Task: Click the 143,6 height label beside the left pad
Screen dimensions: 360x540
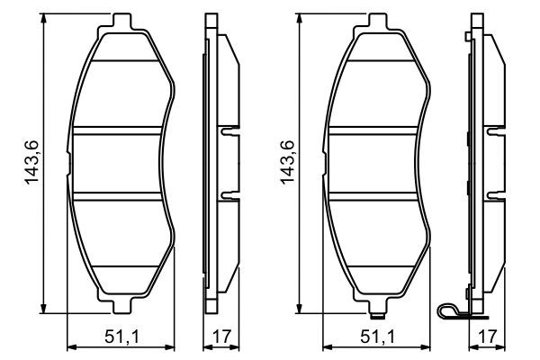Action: click(32, 163)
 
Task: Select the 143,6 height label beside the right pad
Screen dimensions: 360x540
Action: click(288, 163)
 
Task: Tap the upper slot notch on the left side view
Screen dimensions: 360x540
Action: click(228, 130)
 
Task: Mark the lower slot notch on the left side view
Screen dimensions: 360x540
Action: click(228, 196)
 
